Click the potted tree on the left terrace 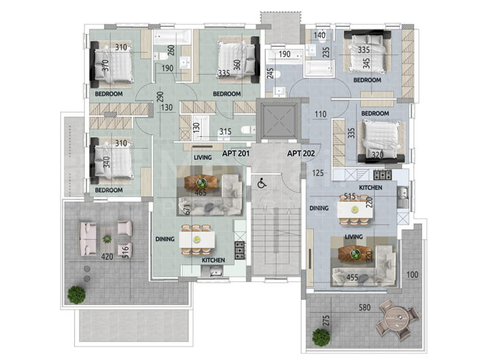tap(77, 294)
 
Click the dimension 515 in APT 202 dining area tap(351, 197)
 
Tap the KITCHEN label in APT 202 tap(370, 187)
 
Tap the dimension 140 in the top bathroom tap(321, 35)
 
